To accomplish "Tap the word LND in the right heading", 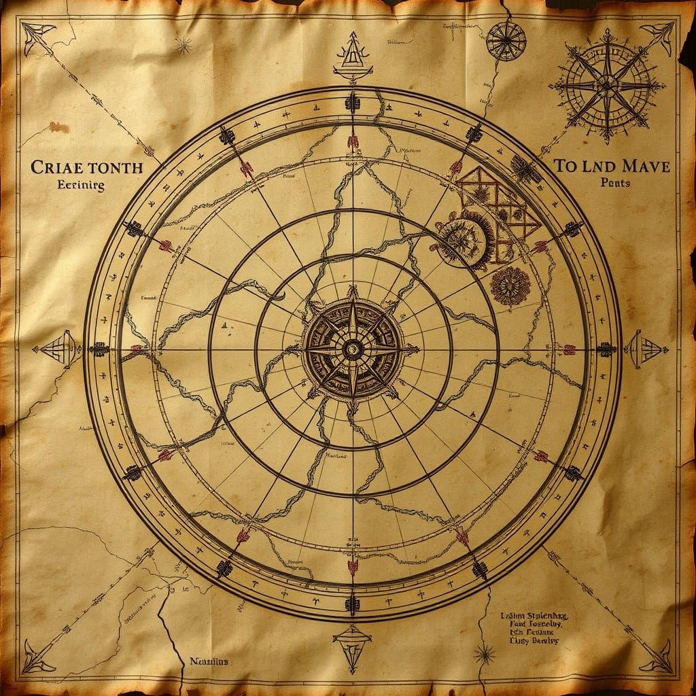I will tap(593, 166).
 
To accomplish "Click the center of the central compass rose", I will tap(352, 349).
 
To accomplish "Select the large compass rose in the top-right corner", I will tap(607, 86).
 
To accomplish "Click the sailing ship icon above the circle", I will tap(352, 58).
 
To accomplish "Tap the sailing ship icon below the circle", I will tap(352, 644).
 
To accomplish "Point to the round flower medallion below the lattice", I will tap(510, 285).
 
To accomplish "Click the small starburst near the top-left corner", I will tap(183, 46).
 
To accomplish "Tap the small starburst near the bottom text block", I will tap(484, 655).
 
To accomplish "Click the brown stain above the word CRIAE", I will tap(59, 127).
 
